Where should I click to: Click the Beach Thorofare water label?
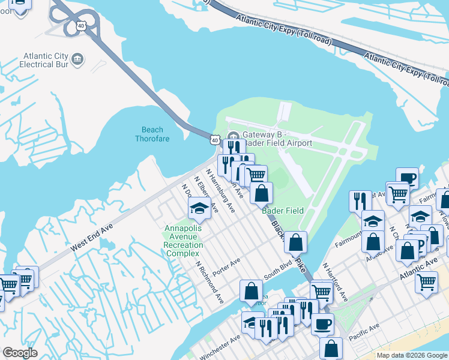(152, 134)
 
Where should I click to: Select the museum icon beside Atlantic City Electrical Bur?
(77, 59)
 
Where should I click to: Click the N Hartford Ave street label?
(335, 281)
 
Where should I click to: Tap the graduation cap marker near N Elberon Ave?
(199, 209)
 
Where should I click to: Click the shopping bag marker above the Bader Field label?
(261, 194)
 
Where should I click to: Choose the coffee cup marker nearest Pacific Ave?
(322, 325)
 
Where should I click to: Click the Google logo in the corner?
(20, 353)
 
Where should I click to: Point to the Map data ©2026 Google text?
(412, 355)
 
